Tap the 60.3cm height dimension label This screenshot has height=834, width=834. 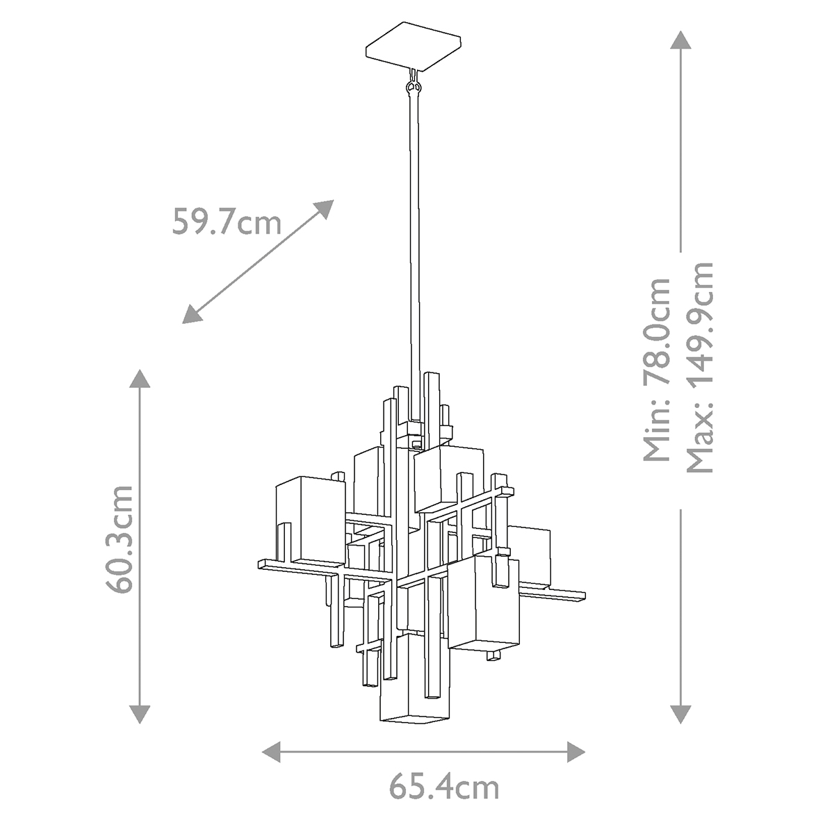click(x=122, y=539)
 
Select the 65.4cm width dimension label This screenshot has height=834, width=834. click(x=443, y=787)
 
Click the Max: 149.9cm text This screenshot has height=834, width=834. click(x=699, y=367)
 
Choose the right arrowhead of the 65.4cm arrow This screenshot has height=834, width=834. click(x=575, y=751)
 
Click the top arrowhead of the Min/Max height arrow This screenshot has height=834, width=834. click(x=680, y=40)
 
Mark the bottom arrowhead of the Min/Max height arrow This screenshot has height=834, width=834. click(x=680, y=713)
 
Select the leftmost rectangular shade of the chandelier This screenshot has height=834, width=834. click(x=310, y=518)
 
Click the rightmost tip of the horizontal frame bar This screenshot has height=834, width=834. click(x=584, y=596)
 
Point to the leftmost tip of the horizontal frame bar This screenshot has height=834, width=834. click(x=261, y=563)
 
